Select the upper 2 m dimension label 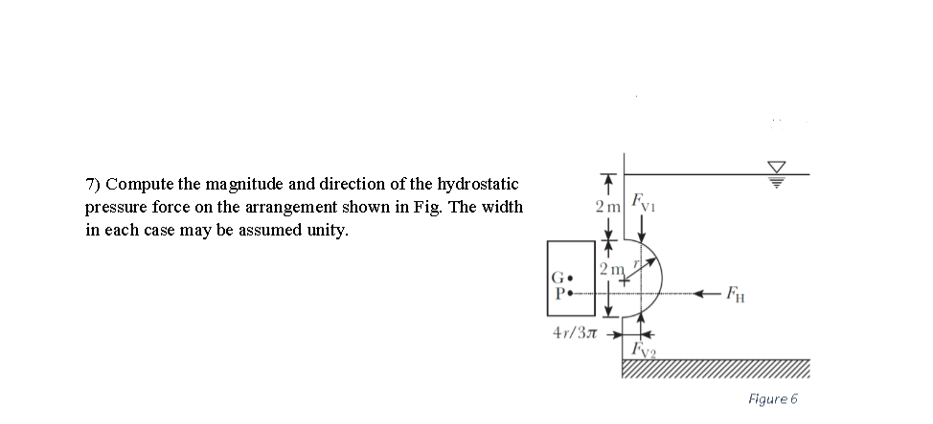click(607, 208)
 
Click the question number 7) click(93, 184)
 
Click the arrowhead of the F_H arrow click(703, 292)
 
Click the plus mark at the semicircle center click(626, 279)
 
